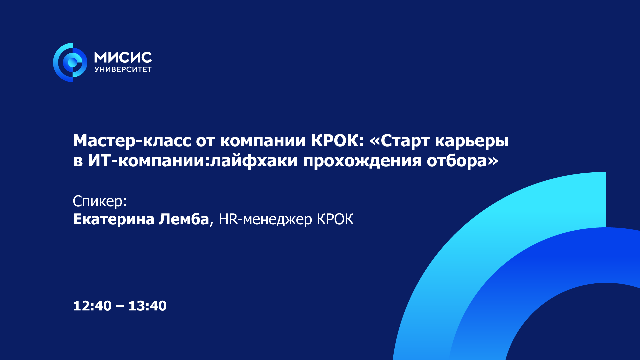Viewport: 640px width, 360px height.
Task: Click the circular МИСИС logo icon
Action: click(70, 62)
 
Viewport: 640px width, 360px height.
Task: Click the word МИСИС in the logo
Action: click(123, 57)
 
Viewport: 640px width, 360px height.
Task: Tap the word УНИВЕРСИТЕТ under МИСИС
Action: click(123, 69)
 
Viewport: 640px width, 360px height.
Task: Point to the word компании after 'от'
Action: click(263, 141)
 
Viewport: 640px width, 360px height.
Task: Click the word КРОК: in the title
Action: click(337, 141)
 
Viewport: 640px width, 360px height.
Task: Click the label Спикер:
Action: click(100, 201)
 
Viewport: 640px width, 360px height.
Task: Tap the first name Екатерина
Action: click(114, 219)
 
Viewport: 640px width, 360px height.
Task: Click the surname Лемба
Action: click(184, 219)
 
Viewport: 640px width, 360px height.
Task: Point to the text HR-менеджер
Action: click(265, 220)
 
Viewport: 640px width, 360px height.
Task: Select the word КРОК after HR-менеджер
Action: click(335, 219)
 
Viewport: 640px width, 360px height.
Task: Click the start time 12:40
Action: click(92, 306)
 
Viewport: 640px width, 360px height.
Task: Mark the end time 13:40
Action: click(147, 306)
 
